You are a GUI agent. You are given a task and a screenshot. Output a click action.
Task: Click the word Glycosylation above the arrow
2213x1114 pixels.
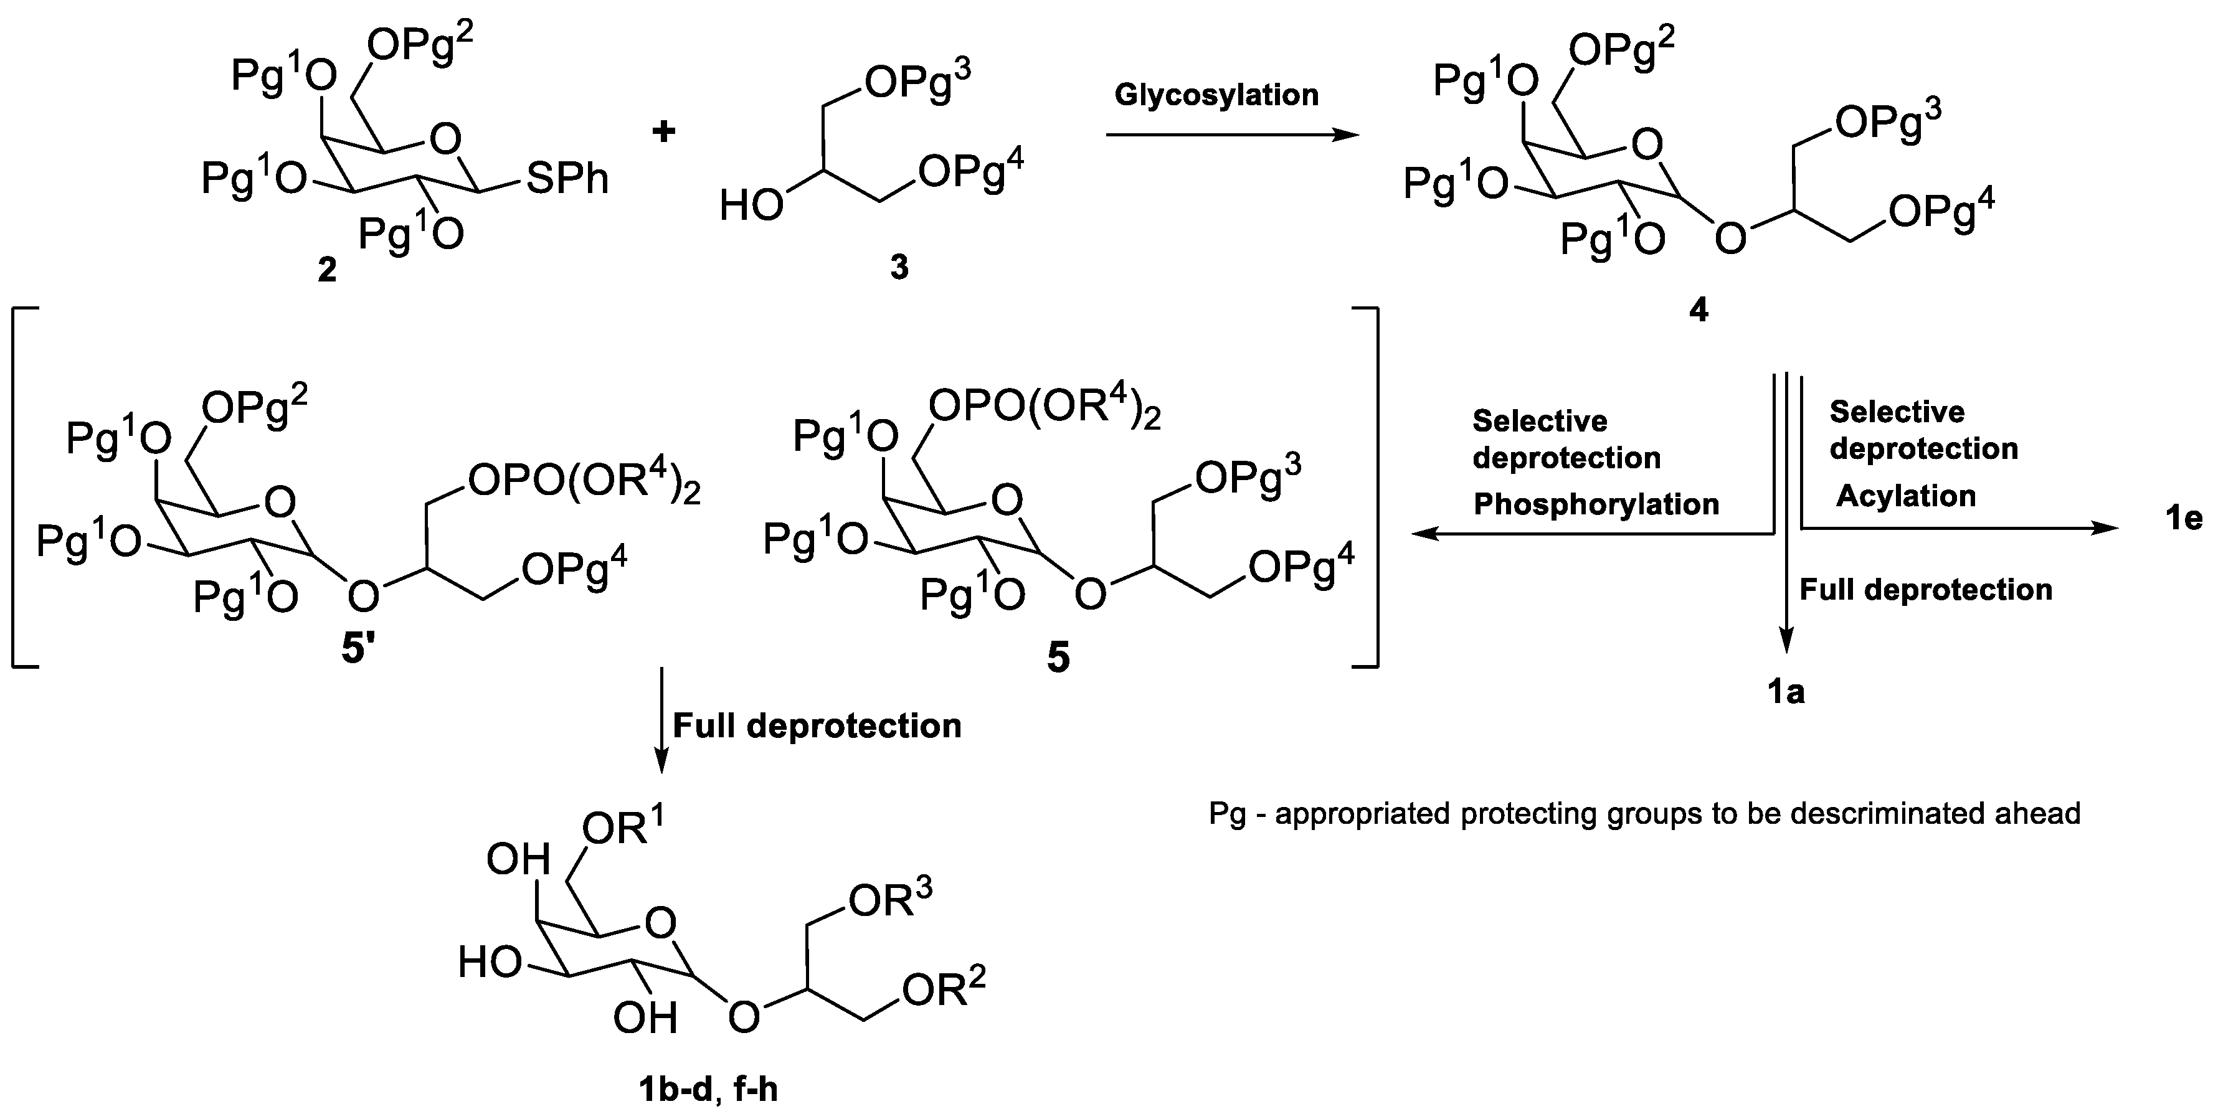1216,95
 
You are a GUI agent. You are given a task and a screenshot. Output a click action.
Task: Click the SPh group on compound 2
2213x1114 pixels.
567,179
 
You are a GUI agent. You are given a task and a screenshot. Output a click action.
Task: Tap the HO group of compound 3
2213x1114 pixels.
751,207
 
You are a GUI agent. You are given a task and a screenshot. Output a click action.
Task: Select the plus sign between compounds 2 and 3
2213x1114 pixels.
663,131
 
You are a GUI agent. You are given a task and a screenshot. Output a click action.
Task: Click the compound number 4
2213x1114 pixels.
1699,310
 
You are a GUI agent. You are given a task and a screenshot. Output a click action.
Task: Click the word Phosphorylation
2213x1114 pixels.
1596,504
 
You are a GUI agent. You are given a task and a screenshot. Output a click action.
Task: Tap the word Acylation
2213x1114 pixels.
1905,496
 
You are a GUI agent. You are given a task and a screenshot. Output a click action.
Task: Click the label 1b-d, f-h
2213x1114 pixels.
708,1089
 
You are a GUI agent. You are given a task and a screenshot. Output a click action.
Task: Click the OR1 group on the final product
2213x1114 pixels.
623,829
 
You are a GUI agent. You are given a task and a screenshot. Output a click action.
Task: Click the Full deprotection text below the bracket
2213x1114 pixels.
816,726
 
